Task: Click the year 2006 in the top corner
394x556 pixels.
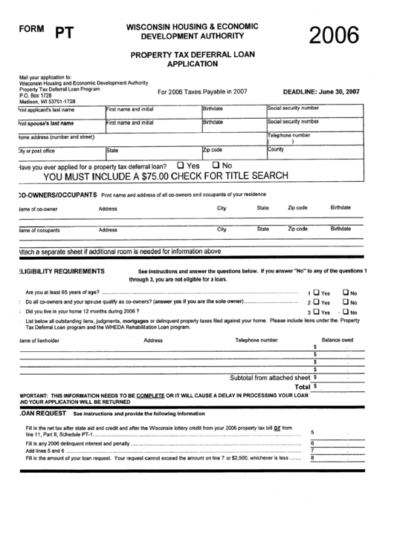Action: (327, 36)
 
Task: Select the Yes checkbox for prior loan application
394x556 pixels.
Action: (181, 165)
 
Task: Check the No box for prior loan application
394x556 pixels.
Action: (216, 165)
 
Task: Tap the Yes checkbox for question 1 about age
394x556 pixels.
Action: (317, 292)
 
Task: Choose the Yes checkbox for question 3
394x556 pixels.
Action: (317, 312)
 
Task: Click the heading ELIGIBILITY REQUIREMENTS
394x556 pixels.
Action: (65, 271)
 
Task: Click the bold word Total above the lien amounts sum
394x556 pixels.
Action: (302, 387)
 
